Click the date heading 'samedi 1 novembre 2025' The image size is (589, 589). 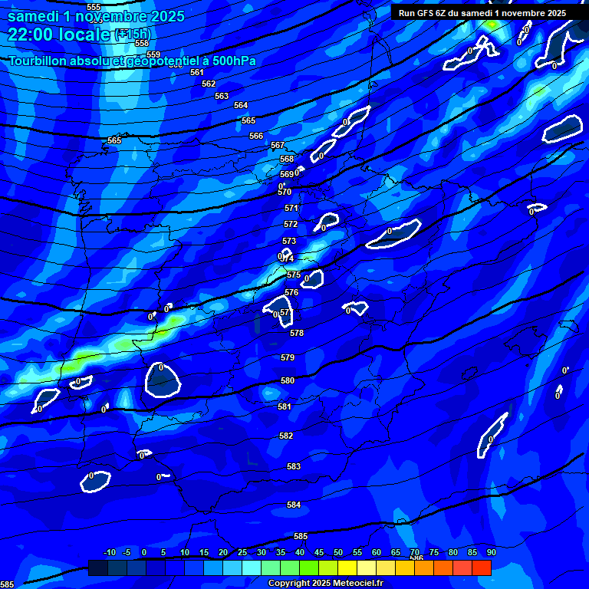(96, 16)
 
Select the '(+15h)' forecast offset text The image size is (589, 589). (133, 35)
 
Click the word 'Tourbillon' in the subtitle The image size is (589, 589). (43, 61)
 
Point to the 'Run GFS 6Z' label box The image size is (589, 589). (482, 13)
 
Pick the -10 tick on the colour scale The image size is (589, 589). (110, 552)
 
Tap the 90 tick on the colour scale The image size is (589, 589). (491, 552)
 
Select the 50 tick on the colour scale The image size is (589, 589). (338, 552)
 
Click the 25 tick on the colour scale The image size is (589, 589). (242, 552)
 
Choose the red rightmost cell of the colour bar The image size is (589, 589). (482, 568)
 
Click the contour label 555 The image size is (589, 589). (94, 7)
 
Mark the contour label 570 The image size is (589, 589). (285, 192)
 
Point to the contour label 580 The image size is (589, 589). (288, 380)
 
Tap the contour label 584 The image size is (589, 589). (294, 505)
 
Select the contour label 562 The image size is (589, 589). (209, 84)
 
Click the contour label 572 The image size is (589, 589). (291, 224)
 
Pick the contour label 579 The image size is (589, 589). (288, 357)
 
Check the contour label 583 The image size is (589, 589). (294, 466)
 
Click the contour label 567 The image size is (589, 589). (278, 145)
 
